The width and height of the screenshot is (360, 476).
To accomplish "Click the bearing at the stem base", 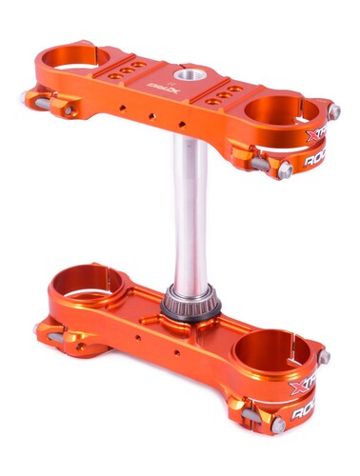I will [x=191, y=303].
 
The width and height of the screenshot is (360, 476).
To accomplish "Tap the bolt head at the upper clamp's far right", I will [x=334, y=112].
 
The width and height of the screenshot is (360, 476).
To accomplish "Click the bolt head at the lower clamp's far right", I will [x=326, y=356].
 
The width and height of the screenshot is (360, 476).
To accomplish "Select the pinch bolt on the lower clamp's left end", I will [x=40, y=329].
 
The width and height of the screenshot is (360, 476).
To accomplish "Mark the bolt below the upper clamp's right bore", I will [x=285, y=169].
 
